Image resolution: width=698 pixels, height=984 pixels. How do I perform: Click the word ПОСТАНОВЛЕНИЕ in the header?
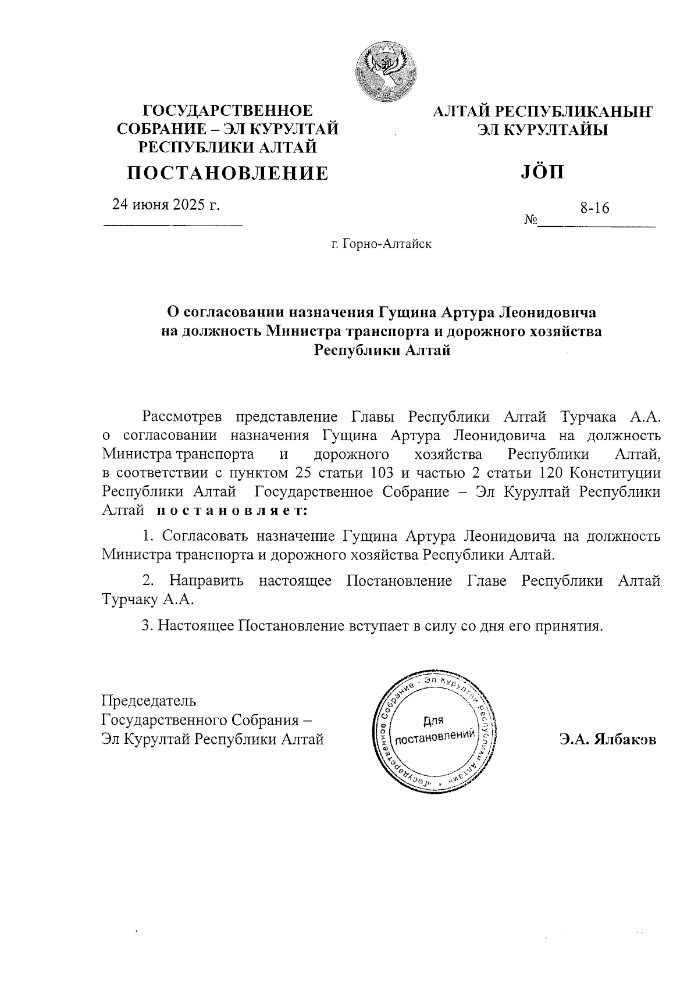[x=227, y=173]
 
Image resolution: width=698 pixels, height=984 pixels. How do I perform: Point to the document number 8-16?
[x=594, y=208]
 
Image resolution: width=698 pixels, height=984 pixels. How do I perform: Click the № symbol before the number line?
[x=530, y=220]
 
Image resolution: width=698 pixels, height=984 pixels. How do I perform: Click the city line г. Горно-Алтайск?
[x=382, y=244]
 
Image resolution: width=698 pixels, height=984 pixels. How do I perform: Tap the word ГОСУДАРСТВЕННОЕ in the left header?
[x=227, y=110]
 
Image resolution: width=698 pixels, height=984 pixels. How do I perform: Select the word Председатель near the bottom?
[x=149, y=701]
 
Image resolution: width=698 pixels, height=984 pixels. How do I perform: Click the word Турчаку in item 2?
[x=130, y=599]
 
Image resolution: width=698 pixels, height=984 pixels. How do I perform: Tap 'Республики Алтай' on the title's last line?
[x=382, y=351]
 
